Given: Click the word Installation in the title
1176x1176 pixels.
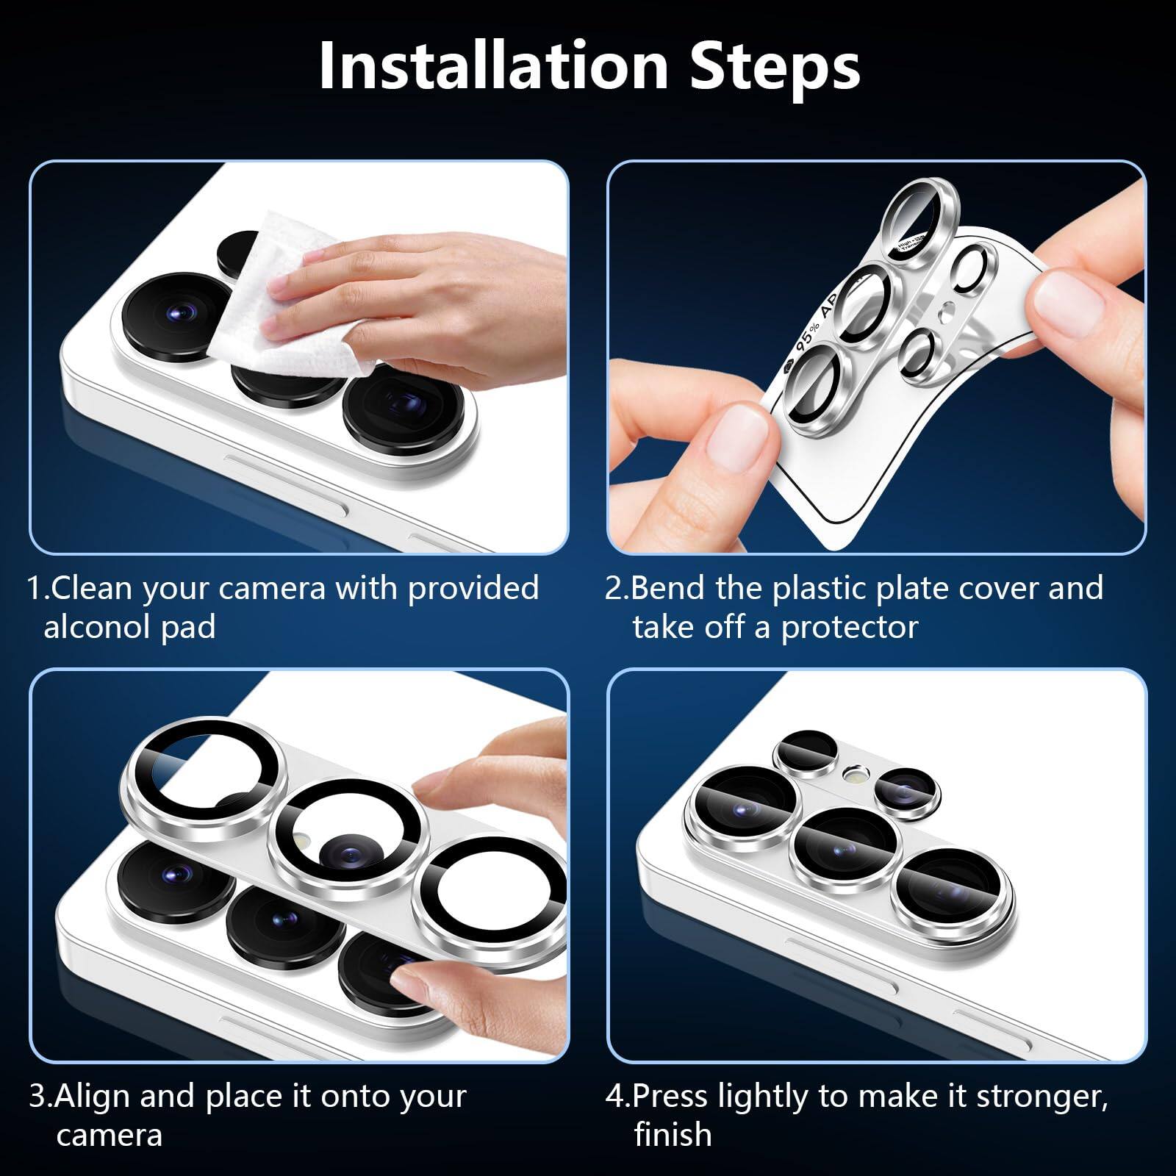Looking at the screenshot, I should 494,66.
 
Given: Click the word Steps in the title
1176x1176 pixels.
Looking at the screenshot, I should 775,66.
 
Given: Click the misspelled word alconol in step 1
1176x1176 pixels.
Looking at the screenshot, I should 96,627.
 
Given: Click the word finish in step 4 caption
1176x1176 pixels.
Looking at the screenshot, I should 673,1135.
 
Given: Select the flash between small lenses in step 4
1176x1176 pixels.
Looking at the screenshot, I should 854,773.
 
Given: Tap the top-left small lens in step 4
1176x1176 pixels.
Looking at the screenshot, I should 807,753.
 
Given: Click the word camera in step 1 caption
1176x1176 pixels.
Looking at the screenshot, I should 271,588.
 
